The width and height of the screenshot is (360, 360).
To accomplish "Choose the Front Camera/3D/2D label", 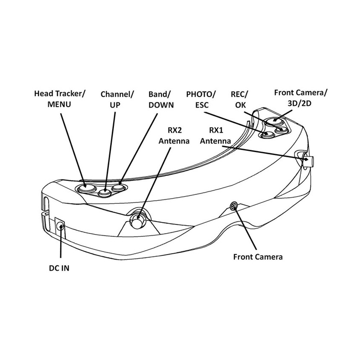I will (301, 98).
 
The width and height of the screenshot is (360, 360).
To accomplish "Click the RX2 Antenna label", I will (174, 135).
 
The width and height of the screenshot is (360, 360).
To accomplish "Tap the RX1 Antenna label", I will (215, 135).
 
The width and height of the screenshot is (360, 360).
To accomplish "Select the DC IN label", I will (59, 268).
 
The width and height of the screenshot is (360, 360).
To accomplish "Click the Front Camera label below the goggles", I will (258, 257).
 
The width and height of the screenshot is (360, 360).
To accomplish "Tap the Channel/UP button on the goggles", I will (105, 193).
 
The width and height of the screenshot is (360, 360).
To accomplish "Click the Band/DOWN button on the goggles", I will (118, 187).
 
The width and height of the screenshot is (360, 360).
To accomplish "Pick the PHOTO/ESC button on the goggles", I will (267, 135).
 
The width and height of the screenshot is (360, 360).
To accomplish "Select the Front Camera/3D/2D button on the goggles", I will (273, 121).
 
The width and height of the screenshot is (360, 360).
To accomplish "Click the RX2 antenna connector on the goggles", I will (137, 220).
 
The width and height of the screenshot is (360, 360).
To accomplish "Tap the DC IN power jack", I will (60, 226).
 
